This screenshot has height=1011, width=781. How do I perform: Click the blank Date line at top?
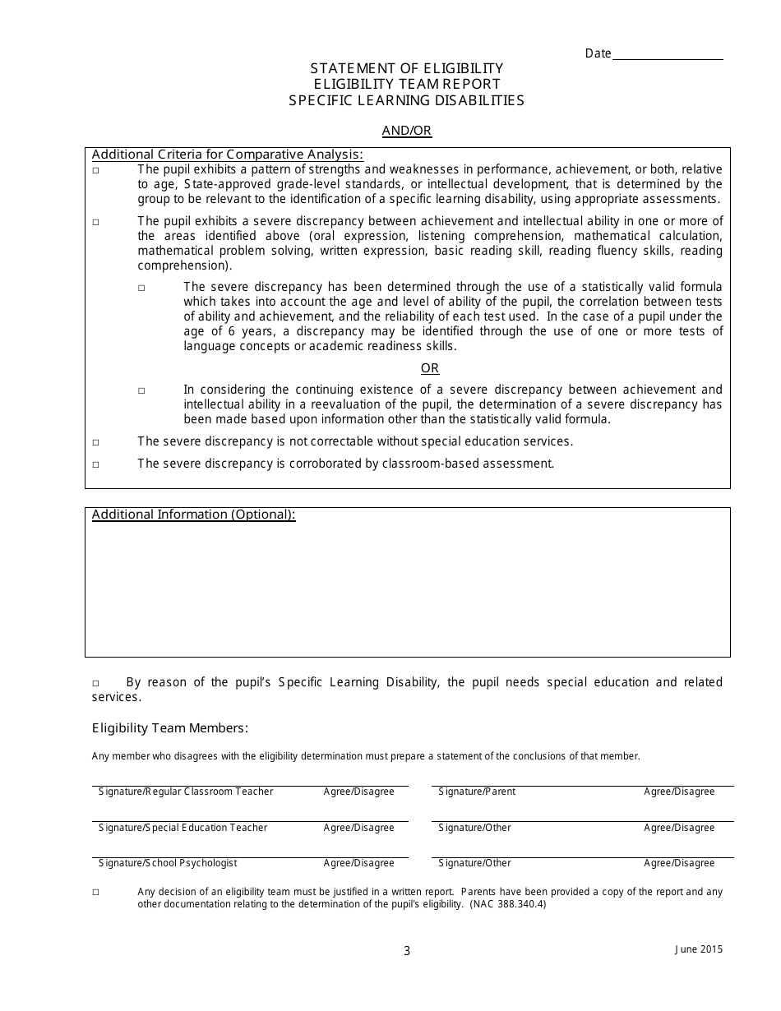pos(668,54)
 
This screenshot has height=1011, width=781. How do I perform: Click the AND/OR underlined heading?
pos(407,131)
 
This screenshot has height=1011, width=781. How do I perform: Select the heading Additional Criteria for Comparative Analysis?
pos(228,155)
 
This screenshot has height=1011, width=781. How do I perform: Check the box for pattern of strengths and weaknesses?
pos(96,170)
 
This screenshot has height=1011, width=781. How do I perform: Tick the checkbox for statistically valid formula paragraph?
pos(141,288)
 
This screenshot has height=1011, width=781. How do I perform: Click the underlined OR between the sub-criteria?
pos(430,368)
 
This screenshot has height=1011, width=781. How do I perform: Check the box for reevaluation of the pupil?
pos(141,390)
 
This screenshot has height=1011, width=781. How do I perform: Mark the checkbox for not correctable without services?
pos(96,442)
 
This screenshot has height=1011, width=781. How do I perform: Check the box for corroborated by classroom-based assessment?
pos(96,464)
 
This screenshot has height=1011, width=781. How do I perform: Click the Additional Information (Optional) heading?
pos(194,515)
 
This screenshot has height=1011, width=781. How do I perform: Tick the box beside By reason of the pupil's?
pos(96,683)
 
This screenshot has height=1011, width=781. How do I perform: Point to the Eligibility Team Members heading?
pos(170,728)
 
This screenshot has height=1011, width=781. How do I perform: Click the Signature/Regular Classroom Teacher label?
pos(186,792)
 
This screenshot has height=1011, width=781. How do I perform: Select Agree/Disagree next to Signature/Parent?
pos(679,792)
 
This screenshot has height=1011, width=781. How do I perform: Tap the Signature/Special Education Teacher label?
pos(183,828)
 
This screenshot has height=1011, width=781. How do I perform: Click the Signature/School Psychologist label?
pos(168,863)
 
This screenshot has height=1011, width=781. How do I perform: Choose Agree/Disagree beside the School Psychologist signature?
pos(359,863)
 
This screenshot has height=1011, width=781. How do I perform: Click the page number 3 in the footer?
pos(407,951)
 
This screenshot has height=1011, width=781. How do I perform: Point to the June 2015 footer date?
pos(699,949)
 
